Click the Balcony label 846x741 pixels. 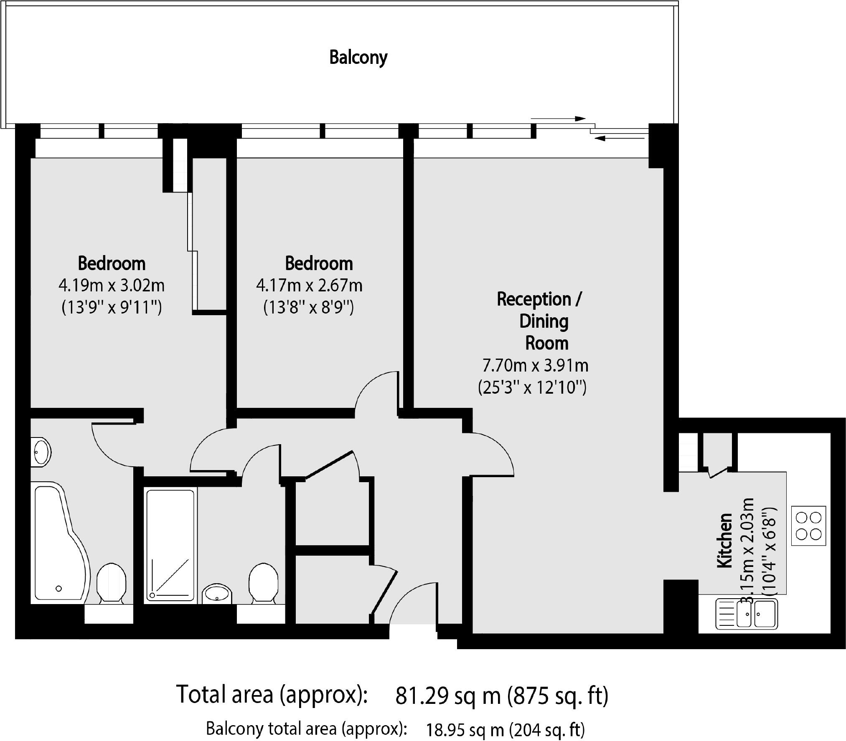tap(358, 58)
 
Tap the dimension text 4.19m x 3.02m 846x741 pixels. tap(112, 286)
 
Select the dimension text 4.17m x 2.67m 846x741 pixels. tap(309, 286)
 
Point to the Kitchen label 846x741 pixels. tap(725, 540)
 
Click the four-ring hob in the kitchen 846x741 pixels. tap(809, 526)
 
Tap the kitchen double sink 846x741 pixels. tap(747, 614)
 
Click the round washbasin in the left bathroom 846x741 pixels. tap(41, 451)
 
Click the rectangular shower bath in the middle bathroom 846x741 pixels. tap(170, 546)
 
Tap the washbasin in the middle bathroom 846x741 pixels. tap(217, 594)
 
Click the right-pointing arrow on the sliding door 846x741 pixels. tap(558, 119)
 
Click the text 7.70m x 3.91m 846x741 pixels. tap(536, 366)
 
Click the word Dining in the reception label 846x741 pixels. tap(544, 322)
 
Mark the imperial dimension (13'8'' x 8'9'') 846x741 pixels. tap(309, 308)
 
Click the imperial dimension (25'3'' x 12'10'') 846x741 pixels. tap(532, 387)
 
